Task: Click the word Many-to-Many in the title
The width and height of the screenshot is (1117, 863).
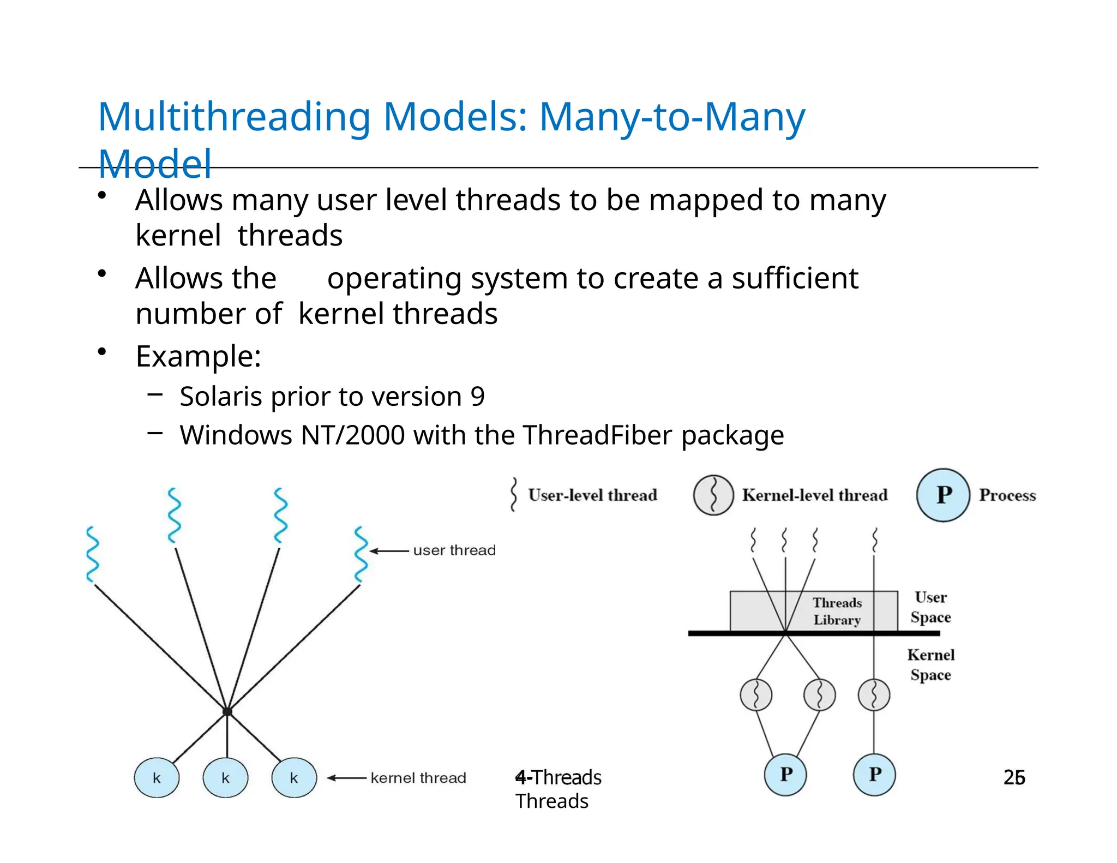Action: tap(671, 117)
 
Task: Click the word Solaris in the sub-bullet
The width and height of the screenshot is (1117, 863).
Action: tap(220, 397)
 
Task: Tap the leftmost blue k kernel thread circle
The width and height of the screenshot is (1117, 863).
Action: tap(157, 778)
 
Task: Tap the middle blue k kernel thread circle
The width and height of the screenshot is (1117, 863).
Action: tap(225, 778)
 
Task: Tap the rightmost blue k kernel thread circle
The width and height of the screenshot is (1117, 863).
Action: tap(294, 778)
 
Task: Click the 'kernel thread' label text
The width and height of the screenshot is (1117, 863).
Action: tap(418, 778)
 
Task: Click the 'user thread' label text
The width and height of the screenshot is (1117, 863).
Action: tap(454, 550)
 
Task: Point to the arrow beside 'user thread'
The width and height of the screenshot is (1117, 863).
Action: tap(389, 551)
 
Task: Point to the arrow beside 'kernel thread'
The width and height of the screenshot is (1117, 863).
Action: tap(347, 778)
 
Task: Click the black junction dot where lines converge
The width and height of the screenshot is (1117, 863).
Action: tap(227, 711)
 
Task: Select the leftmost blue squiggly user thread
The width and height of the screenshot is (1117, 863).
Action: tap(93, 554)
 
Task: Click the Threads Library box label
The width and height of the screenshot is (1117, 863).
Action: tap(837, 612)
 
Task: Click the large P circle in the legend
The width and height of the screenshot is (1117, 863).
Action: tap(943, 495)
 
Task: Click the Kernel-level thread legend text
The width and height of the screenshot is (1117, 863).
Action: tap(814, 495)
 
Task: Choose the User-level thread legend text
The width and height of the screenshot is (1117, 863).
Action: tap(592, 495)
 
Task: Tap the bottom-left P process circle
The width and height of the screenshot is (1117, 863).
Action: tap(785, 775)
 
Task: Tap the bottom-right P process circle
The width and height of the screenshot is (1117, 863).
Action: tap(874, 775)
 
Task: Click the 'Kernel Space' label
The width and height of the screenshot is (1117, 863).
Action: tap(930, 665)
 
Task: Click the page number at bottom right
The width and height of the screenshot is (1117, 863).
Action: tap(1014, 777)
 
